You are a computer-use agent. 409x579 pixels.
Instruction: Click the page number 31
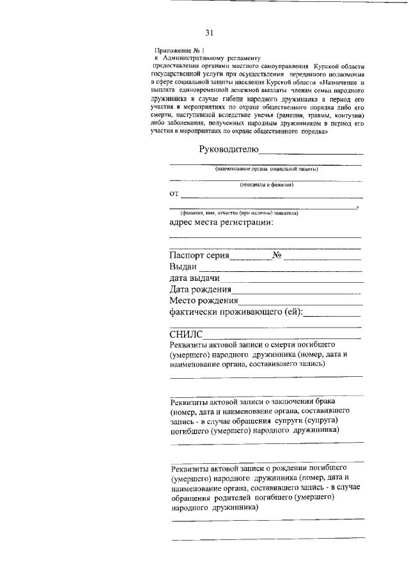[209, 33]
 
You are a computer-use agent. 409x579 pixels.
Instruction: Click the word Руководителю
[228, 150]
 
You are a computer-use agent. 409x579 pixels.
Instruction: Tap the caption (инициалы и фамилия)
[266, 185]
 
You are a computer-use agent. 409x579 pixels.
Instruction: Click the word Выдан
[183, 267]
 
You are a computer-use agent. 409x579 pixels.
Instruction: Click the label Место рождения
[204, 301]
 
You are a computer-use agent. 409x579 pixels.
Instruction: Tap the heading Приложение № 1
[181, 50]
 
